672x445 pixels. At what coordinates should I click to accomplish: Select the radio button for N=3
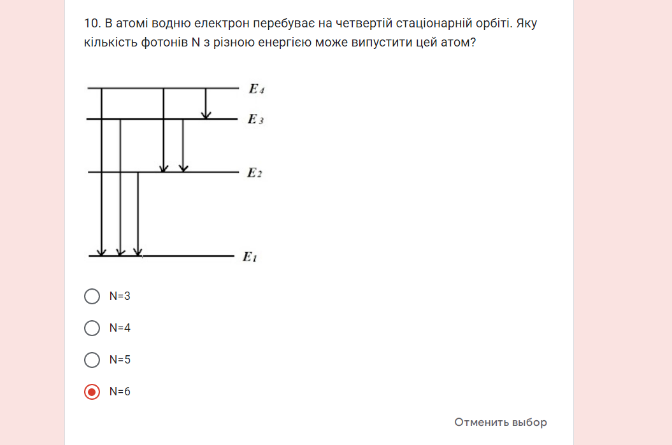click(92, 296)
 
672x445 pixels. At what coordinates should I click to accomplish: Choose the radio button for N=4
click(92, 328)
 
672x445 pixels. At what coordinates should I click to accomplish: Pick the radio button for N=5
click(92, 360)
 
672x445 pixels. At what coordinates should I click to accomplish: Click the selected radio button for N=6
click(92, 392)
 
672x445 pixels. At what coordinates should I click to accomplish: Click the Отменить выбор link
click(500, 422)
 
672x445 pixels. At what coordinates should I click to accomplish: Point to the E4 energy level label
click(256, 90)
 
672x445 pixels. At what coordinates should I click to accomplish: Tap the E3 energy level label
click(255, 120)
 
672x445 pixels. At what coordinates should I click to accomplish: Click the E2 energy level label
click(254, 173)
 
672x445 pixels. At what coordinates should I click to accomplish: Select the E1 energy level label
click(249, 257)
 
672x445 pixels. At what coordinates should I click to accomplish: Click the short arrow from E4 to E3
click(206, 103)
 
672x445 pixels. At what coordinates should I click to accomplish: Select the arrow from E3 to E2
click(183, 146)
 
